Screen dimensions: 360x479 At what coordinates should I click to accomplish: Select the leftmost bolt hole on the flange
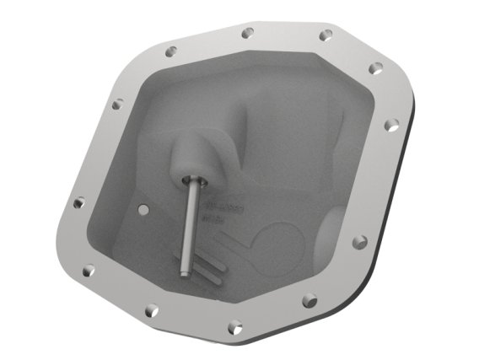pos(79,202)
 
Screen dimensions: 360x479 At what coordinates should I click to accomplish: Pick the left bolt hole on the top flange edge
pos(246,35)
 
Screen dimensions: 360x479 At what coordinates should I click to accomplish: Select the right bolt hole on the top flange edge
pos(326,35)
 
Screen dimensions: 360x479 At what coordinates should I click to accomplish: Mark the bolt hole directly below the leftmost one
pos(88,271)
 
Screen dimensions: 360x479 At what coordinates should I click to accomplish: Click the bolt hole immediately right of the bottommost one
pos(309,298)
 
